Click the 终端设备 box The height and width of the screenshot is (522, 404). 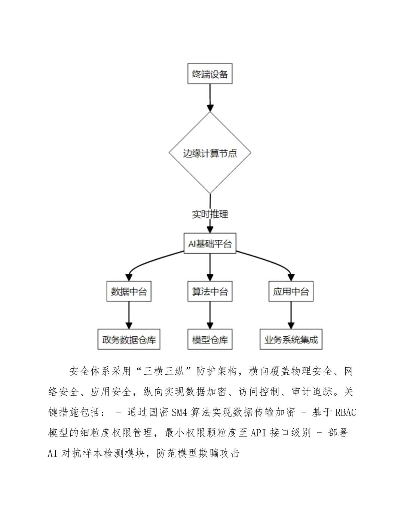click(x=210, y=74)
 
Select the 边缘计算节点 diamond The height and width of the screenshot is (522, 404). click(x=210, y=153)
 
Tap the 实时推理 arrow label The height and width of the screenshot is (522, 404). click(x=210, y=214)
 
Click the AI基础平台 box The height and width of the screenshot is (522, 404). click(x=210, y=244)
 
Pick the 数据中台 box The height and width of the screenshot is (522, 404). click(x=129, y=291)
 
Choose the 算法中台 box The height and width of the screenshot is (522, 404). click(x=210, y=291)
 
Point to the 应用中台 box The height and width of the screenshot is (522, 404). click(x=291, y=291)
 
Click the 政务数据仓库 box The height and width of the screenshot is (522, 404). click(x=129, y=339)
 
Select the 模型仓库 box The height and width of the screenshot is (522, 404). click(x=210, y=339)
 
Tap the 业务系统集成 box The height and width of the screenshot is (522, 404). click(x=291, y=339)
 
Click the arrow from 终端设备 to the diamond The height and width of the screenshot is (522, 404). click(x=210, y=97)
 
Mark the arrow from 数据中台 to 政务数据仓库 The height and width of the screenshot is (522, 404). click(x=129, y=315)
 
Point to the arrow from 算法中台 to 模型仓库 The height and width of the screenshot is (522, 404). click(x=210, y=315)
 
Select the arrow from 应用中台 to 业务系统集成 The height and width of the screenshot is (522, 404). click(x=291, y=315)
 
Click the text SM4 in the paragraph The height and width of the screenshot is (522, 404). click(x=179, y=412)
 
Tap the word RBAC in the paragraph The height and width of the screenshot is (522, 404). click(x=346, y=412)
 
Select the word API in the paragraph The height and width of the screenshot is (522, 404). click(x=258, y=433)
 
